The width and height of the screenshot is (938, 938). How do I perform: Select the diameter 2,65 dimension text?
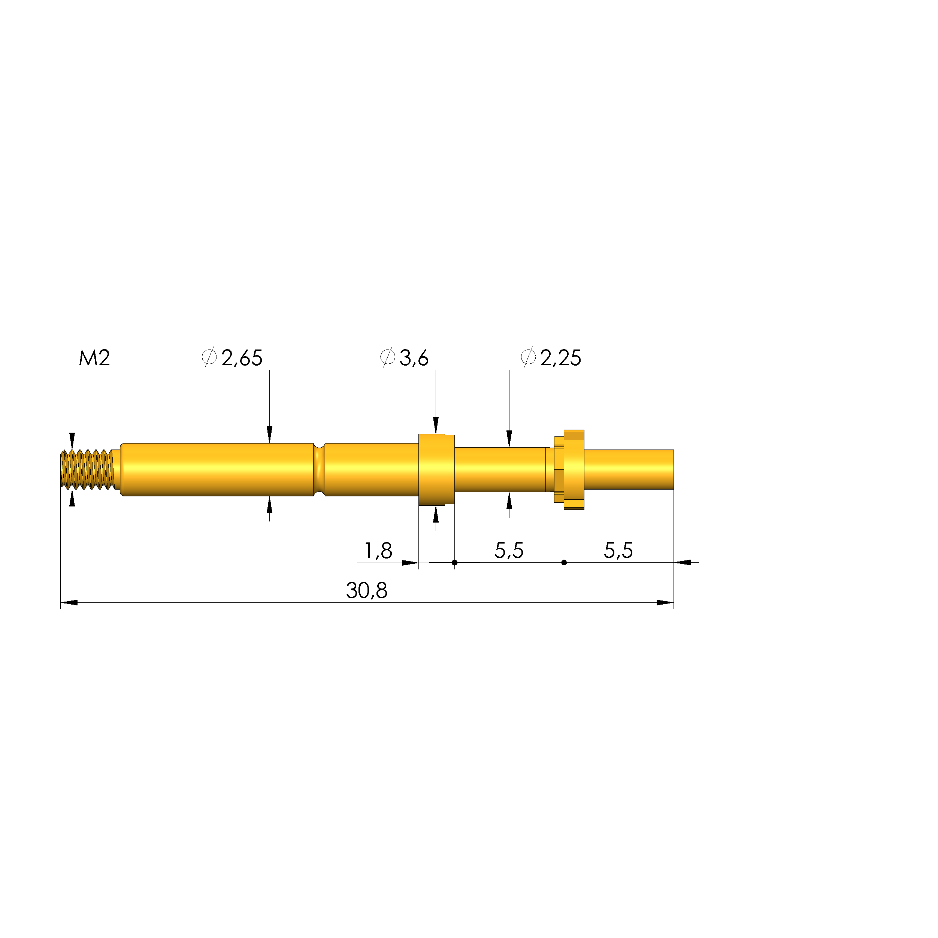click(x=241, y=358)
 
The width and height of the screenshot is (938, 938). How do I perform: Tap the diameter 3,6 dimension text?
click(x=414, y=358)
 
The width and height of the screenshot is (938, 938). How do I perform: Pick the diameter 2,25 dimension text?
click(x=560, y=358)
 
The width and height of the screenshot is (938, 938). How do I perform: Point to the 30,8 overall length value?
click(x=367, y=591)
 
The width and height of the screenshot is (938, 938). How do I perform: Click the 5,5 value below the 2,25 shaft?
click(x=508, y=551)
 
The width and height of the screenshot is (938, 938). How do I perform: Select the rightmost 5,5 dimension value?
click(x=618, y=551)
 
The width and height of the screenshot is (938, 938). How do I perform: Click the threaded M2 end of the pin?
click(x=87, y=469)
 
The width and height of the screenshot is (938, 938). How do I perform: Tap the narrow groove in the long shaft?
click(x=319, y=469)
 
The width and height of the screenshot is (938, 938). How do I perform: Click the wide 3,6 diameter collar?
click(x=436, y=469)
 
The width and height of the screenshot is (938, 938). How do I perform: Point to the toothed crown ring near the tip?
click(x=574, y=469)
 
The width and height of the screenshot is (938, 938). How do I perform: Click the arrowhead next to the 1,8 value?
click(x=410, y=563)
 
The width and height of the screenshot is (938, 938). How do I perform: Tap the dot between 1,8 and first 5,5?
click(x=454, y=563)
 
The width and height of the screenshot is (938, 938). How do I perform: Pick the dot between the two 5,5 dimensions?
click(x=564, y=563)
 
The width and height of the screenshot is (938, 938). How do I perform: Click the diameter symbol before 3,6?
click(x=387, y=357)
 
